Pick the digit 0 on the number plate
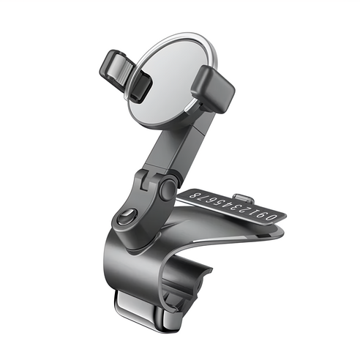coord(274,217)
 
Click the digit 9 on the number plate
coord(263,215)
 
